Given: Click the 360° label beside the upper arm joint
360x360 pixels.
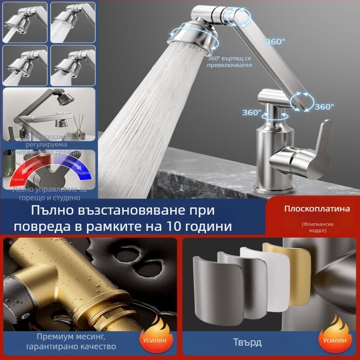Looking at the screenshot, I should point(275,41).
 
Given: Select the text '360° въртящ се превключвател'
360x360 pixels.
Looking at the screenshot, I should point(229,62).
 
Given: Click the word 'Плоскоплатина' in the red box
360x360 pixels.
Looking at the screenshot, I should point(311,209).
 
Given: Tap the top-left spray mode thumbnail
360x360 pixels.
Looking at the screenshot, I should point(24,22).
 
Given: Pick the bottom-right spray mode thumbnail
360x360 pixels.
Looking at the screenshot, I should point(72,65).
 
